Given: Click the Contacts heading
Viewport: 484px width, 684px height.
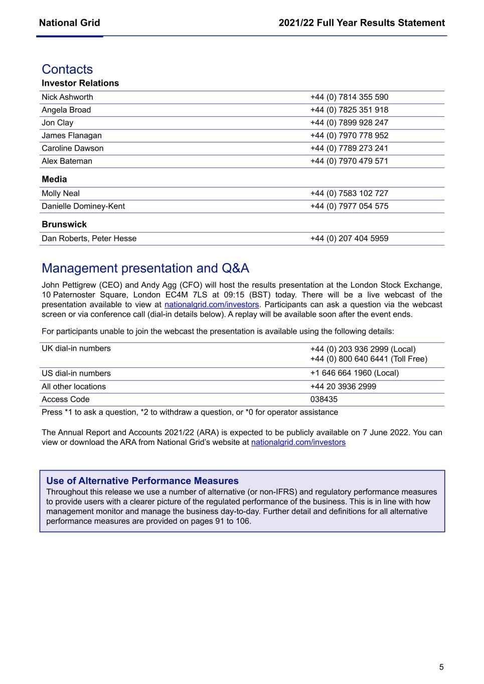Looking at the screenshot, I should pos(67,69).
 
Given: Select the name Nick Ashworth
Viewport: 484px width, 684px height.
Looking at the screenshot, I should pos(67,97).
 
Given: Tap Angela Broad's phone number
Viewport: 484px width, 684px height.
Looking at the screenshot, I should pos(349,110).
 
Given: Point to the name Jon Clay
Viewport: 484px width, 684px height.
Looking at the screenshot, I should pos(57,123).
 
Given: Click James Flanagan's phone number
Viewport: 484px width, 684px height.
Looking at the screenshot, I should pos(349,135).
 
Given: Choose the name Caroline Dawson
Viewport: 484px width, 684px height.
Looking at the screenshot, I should pos(73,148).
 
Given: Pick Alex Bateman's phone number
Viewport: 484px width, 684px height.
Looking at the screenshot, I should pos(349,161).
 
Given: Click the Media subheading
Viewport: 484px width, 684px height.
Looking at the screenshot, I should pos(54,179).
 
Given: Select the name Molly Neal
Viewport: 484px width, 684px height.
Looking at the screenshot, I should pos(61,193).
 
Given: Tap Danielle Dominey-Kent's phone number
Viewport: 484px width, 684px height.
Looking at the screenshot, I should pos(349,206).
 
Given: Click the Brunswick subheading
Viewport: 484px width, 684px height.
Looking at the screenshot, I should pos(64,224).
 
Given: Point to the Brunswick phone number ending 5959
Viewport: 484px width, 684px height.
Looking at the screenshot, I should pos(349,239).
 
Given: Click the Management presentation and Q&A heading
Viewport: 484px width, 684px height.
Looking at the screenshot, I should pos(145,268).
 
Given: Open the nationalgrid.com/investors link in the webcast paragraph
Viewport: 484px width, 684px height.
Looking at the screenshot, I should pos(212,305).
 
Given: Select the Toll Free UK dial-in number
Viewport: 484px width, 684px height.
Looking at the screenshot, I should pos(369,359).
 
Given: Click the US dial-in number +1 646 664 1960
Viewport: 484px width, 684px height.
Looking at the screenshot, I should pos(355,373).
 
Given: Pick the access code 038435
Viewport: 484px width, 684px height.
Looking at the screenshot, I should pos(324,399).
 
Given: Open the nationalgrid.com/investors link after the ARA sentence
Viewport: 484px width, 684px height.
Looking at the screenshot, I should pos(298,442).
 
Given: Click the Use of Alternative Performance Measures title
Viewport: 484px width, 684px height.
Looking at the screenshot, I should pos(142,481).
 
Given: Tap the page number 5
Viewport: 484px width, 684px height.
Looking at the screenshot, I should pos(441,667).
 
